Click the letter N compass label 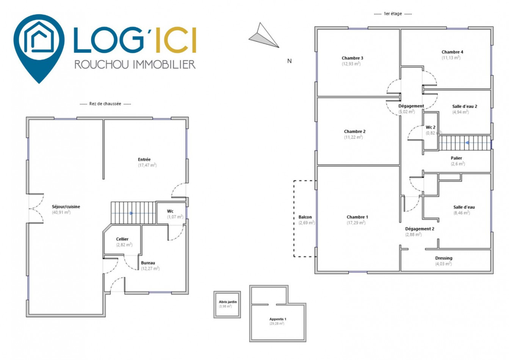tap(289, 61)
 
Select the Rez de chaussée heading tap(105, 104)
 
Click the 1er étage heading tap(393, 14)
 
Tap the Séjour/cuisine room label tap(66, 207)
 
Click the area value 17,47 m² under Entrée tap(147, 165)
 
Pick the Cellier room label tap(122, 239)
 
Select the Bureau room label tap(148, 263)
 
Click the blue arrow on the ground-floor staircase tap(131, 213)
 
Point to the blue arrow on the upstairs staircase tap(467, 142)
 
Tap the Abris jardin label tap(228, 302)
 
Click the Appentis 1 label tap(278, 319)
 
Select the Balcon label tap(305, 217)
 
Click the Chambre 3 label tap(352, 58)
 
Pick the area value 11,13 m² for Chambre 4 tap(451, 58)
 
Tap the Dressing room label tap(444, 258)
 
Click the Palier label tap(457, 158)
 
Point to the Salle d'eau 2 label tap(465, 106)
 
